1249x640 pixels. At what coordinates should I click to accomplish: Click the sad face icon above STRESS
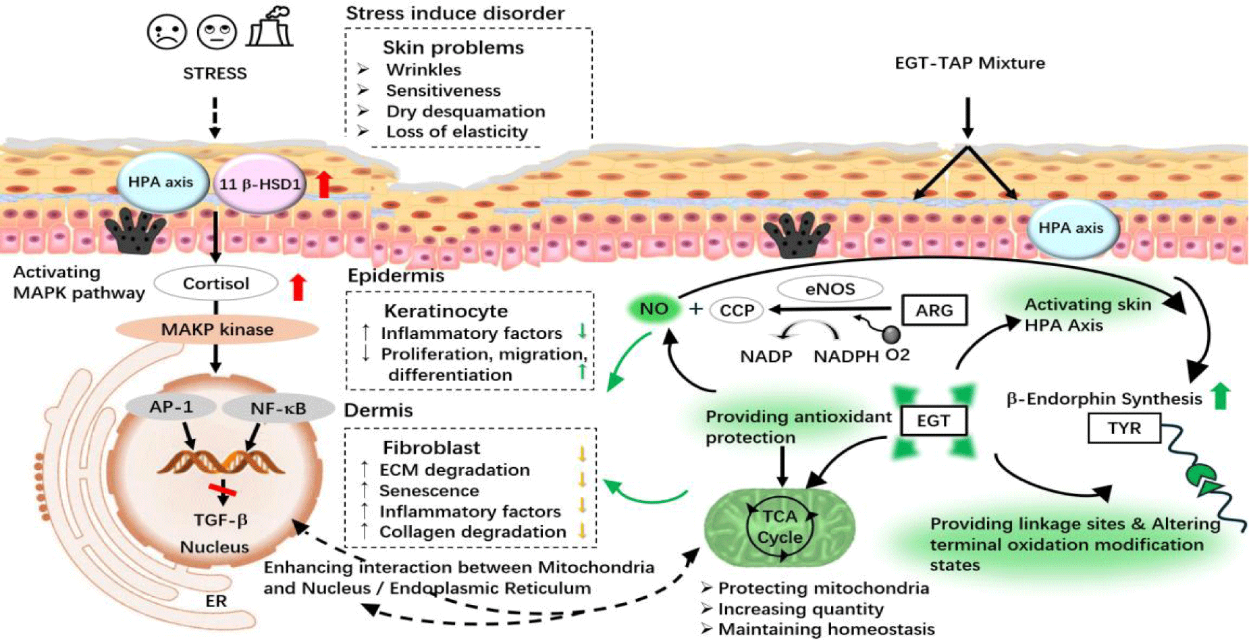click(x=167, y=32)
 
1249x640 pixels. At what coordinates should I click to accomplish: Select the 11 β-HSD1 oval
click(x=260, y=184)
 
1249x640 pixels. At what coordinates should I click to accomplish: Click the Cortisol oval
click(x=216, y=284)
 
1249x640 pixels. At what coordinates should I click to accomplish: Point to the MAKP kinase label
click(x=217, y=329)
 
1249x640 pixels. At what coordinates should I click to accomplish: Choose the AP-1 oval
click(x=171, y=406)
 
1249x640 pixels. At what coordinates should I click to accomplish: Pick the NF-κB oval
click(x=278, y=408)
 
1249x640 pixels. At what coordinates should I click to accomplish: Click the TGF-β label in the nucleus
click(x=220, y=520)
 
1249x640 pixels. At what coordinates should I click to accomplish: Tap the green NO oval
click(x=654, y=309)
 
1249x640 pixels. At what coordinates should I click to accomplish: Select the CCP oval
click(x=737, y=311)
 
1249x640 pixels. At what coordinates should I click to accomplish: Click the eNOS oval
click(x=830, y=289)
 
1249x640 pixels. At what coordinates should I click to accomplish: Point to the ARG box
click(x=934, y=311)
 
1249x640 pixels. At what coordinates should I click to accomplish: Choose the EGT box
click(x=933, y=421)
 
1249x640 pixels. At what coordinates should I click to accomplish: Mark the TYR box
click(x=1124, y=428)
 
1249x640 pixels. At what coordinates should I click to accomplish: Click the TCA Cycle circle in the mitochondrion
click(x=780, y=527)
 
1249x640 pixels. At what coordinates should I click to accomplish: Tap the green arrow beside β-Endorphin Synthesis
click(x=1219, y=396)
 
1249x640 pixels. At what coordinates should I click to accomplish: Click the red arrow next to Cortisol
click(x=298, y=287)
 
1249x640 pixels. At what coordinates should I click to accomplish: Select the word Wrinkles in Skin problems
click(x=423, y=70)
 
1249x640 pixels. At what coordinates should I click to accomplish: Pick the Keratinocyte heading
click(x=446, y=311)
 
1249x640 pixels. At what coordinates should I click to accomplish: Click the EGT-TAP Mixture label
click(x=969, y=63)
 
